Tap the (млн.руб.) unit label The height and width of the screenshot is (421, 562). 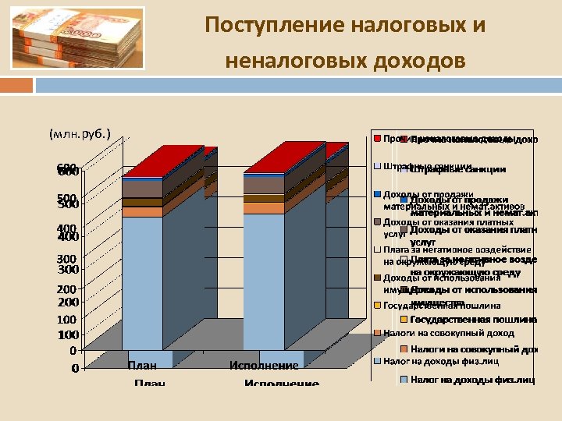[x=79, y=134]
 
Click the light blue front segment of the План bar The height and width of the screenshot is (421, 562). [x=142, y=281]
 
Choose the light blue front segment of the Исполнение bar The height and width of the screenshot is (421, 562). [x=264, y=281]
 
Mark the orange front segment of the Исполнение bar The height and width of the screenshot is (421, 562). [x=264, y=208]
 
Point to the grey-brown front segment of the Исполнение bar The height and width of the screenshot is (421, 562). [x=264, y=185]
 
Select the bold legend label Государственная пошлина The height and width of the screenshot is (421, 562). [x=473, y=320]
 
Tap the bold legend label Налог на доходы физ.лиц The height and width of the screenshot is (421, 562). [x=472, y=380]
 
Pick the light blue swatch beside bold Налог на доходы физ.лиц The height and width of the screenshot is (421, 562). [x=404, y=380]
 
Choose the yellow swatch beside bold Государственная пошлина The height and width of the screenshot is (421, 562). [x=404, y=320]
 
